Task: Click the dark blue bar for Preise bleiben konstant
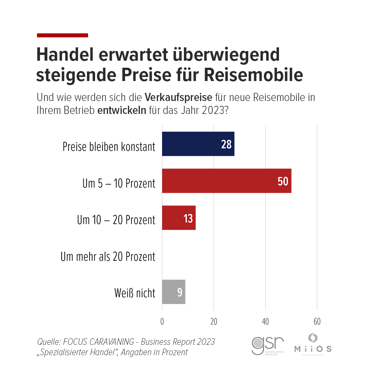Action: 198,144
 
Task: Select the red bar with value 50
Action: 226,181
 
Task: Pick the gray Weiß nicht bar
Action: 174,292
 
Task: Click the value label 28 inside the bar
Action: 226,144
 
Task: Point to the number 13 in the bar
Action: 188,219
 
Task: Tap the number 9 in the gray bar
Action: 179,292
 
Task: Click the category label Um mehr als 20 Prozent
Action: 108,256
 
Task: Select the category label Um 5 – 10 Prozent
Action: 119,183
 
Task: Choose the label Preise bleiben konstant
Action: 109,147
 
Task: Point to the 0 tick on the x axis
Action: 162,322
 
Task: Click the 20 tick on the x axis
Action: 213,322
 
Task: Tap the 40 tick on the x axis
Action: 265,322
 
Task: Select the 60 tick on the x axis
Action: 317,322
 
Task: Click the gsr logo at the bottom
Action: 268,345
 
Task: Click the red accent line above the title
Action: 63,35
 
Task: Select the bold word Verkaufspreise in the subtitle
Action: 178,98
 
